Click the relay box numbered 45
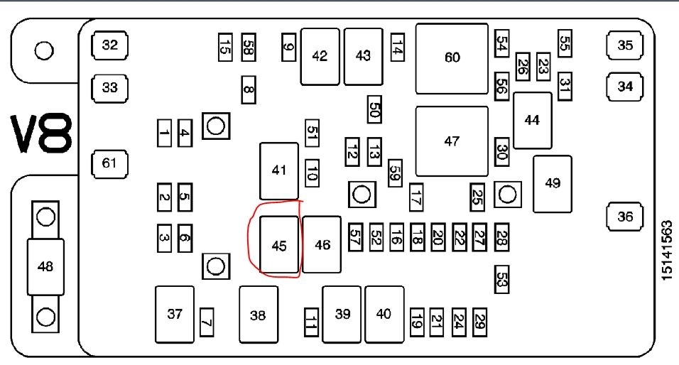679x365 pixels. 278,246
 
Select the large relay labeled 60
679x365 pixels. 452,58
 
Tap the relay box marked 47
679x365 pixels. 452,141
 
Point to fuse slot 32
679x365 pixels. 109,46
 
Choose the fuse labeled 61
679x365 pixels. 109,164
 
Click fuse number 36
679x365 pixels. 624,217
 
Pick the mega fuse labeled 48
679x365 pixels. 45,266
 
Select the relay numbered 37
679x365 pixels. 174,314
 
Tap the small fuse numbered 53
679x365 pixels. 502,279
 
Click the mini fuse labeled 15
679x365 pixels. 224,48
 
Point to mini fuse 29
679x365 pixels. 480,320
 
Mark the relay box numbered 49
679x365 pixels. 552,183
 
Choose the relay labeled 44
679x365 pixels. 532,120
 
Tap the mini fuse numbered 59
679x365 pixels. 395,173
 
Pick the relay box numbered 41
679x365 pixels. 278,170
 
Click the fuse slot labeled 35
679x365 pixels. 624,46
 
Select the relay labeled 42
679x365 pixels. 320,56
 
